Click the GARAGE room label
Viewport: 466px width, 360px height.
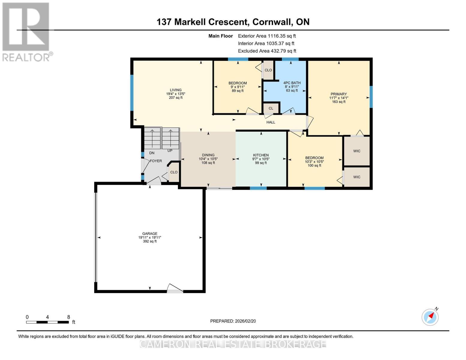[x=149, y=233]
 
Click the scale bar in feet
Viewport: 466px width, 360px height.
[x=47, y=322]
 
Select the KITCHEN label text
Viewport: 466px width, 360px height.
[x=261, y=155]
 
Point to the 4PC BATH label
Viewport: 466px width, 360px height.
[x=292, y=83]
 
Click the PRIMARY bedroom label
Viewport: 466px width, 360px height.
[x=338, y=94]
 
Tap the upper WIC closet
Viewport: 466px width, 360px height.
[x=356, y=151]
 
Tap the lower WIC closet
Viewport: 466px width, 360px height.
[x=356, y=177]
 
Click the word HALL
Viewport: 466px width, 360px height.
[x=271, y=122]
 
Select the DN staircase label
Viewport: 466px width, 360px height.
[x=152, y=153]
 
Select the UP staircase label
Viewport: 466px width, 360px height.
[x=170, y=151]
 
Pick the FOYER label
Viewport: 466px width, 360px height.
[x=156, y=161]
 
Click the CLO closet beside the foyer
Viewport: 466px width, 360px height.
[x=174, y=172]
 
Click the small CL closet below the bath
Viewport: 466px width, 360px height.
[x=271, y=108]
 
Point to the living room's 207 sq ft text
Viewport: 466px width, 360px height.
[x=176, y=97]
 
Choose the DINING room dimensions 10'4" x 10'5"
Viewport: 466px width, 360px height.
[x=208, y=159]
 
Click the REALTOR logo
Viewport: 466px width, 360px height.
[x=26, y=31]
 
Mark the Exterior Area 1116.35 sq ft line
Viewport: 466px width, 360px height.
[x=267, y=36]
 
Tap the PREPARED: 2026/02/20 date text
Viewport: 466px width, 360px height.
[x=233, y=321]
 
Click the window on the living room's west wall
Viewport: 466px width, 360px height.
[x=131, y=92]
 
